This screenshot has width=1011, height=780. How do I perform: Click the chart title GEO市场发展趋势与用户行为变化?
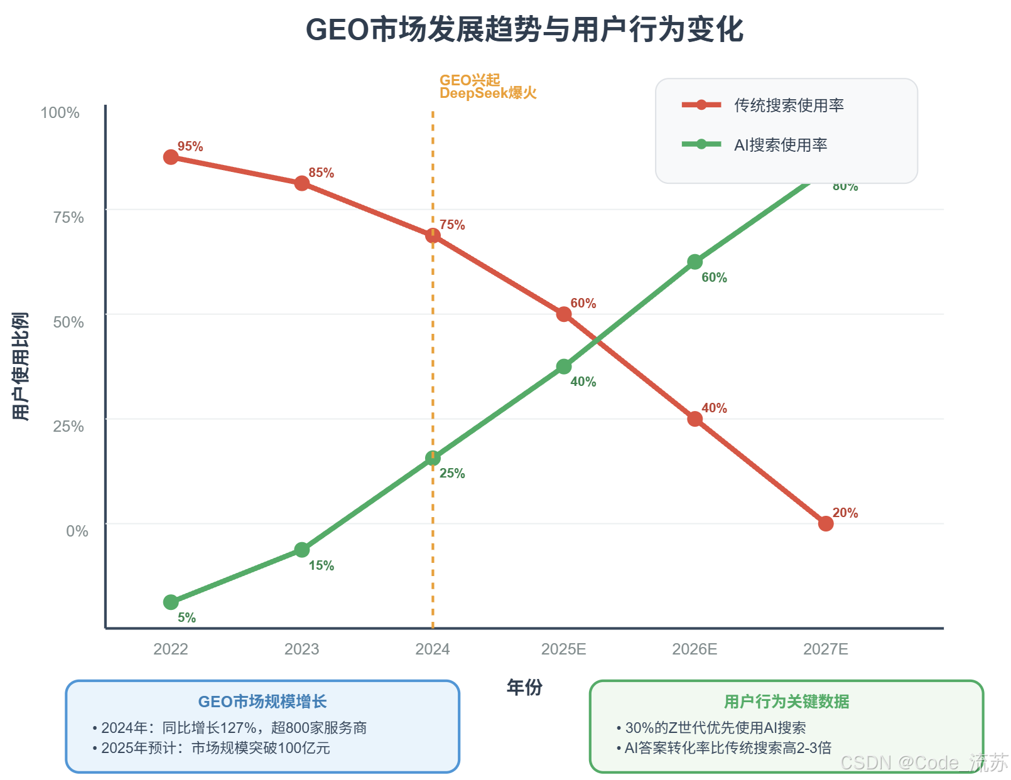click(524, 29)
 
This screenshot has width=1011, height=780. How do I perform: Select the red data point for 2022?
click(171, 157)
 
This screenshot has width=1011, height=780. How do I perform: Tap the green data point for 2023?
click(302, 550)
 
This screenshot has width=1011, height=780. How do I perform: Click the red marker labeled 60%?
click(564, 314)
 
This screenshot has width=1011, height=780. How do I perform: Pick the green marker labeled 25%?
click(433, 459)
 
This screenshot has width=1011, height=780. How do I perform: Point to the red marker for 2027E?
click(826, 523)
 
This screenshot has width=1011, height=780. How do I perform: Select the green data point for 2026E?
click(695, 262)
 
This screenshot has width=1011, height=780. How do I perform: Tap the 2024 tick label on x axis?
click(433, 649)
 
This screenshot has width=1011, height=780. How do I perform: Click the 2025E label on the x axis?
click(564, 649)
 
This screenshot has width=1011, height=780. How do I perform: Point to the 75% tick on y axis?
click(68, 217)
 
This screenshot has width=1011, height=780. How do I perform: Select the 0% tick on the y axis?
click(77, 531)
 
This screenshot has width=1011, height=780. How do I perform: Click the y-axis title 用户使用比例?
click(21, 366)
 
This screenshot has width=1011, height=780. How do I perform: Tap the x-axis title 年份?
click(524, 688)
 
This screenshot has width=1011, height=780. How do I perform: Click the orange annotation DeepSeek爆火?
click(488, 93)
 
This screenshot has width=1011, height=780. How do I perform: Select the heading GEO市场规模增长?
click(262, 702)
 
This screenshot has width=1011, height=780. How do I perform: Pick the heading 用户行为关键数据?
click(786, 702)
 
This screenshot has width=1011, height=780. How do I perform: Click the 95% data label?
click(190, 146)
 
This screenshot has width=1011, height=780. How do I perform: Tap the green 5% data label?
click(187, 617)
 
